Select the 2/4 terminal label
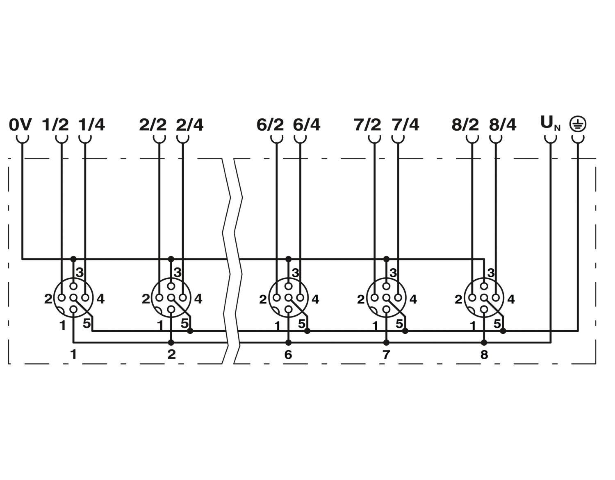point(189,124)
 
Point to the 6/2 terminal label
point(270,124)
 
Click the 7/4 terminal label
point(405,124)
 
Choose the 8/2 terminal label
point(465,124)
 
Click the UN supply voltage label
point(550,123)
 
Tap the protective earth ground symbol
point(577,124)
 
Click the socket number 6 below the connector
point(288,355)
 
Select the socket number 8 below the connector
point(484,355)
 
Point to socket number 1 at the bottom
point(73,355)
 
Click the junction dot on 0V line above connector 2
point(171,259)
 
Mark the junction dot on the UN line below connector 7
point(386,342)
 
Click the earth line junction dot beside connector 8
point(503,331)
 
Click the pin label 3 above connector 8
point(491,273)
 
